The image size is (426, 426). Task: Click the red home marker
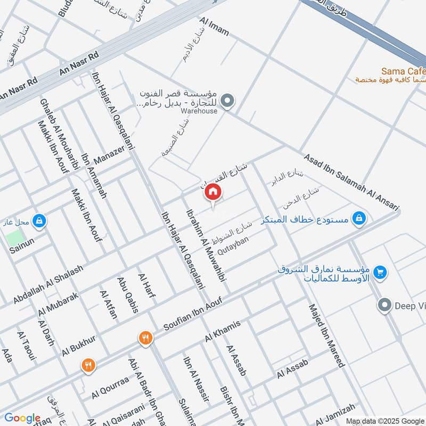point(213,192)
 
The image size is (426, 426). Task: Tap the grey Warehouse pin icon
point(227,100)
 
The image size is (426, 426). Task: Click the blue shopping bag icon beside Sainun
point(38,220)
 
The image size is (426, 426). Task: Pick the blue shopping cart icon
point(380,272)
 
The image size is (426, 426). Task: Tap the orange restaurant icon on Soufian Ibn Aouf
point(145,337)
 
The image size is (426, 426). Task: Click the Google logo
point(22,418)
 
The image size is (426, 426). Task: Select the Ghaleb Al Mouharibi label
point(59,134)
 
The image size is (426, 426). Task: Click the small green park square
point(15,237)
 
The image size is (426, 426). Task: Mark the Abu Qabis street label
point(128,294)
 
